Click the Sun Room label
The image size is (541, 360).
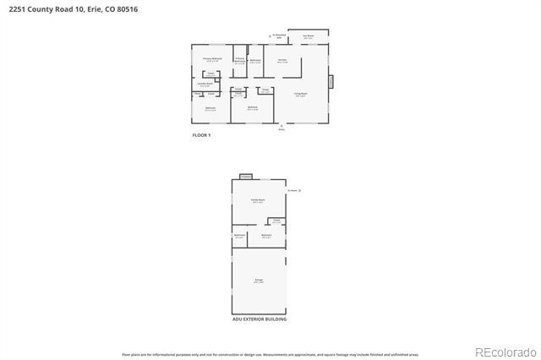(x=309, y=36)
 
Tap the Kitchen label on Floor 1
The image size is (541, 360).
(x=282, y=60)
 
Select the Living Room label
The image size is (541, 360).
(x=300, y=94)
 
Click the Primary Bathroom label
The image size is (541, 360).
(x=240, y=59)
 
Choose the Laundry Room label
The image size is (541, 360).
(x=205, y=84)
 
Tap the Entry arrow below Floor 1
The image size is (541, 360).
(x=281, y=128)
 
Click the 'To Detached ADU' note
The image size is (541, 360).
(x=276, y=36)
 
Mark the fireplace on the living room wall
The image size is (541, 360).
(x=331, y=81)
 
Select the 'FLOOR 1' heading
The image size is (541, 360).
(x=201, y=135)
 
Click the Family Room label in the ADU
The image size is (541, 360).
(x=257, y=200)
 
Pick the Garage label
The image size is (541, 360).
(x=259, y=280)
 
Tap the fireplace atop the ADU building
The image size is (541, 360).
(x=245, y=176)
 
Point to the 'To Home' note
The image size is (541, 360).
(x=293, y=191)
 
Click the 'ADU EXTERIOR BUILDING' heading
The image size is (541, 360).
(x=259, y=319)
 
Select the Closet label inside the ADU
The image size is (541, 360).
(x=276, y=221)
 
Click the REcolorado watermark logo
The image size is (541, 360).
(x=505, y=352)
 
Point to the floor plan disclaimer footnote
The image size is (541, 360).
(x=270, y=355)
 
